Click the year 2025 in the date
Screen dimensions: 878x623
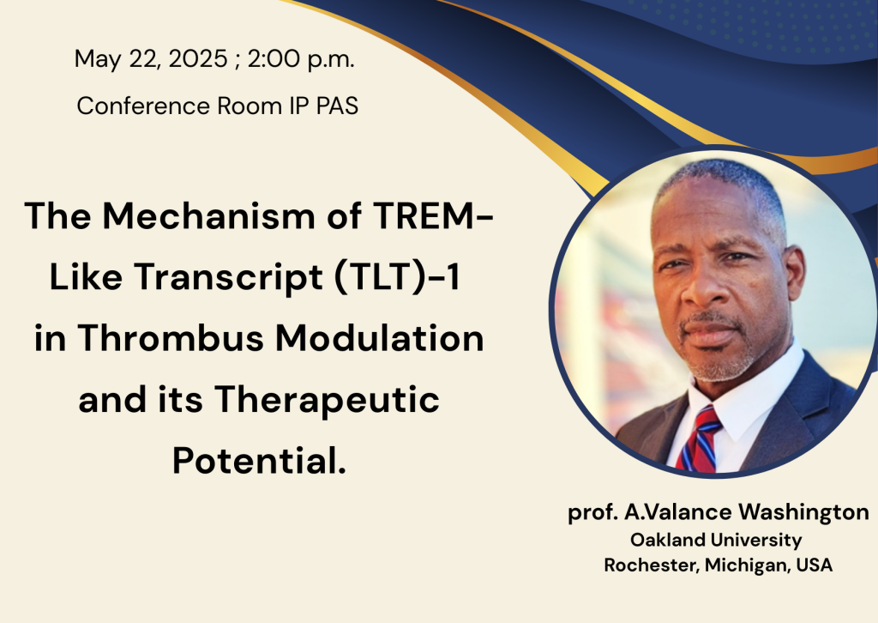(198, 59)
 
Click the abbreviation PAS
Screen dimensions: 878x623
(337, 106)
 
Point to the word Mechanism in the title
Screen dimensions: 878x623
(209, 215)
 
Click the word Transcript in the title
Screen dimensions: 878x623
(228, 278)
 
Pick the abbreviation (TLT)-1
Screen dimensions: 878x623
(397, 277)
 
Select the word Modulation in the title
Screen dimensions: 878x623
(380, 338)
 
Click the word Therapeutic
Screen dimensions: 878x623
(327, 401)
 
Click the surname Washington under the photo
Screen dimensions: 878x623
(803, 512)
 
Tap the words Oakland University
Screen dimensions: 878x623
(716, 540)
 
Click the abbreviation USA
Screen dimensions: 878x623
(815, 565)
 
